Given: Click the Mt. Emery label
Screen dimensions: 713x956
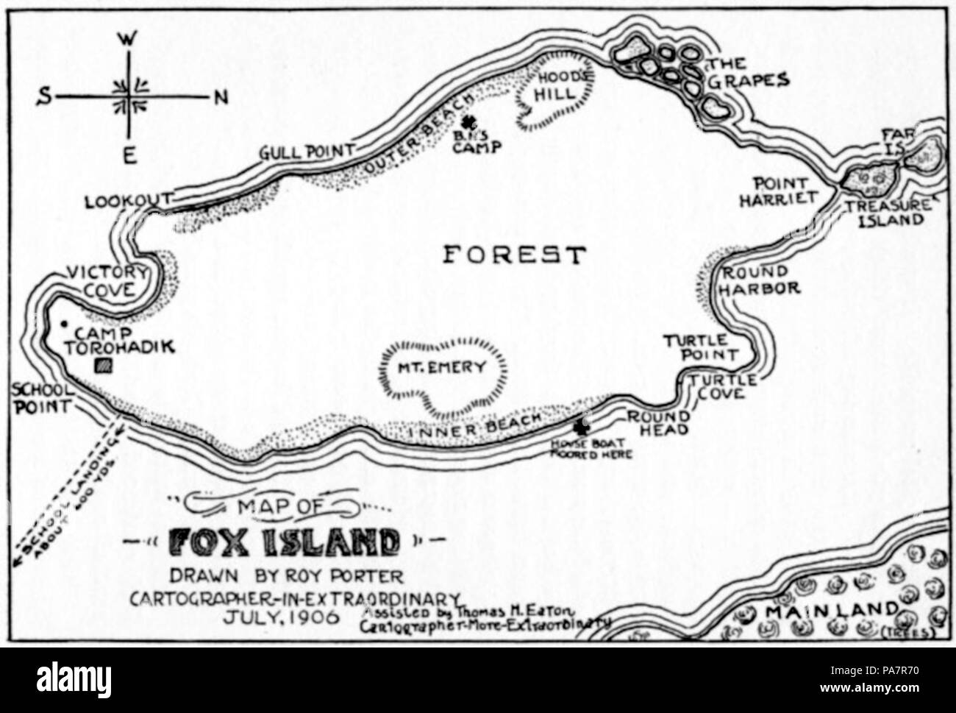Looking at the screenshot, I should click(x=443, y=368).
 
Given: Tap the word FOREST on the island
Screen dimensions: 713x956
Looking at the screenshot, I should click(x=514, y=255).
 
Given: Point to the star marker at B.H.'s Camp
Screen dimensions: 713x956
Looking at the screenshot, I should click(x=467, y=123).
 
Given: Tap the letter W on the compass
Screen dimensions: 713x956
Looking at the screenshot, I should click(x=126, y=42).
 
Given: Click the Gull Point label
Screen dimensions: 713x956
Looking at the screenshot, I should click(x=305, y=152).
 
